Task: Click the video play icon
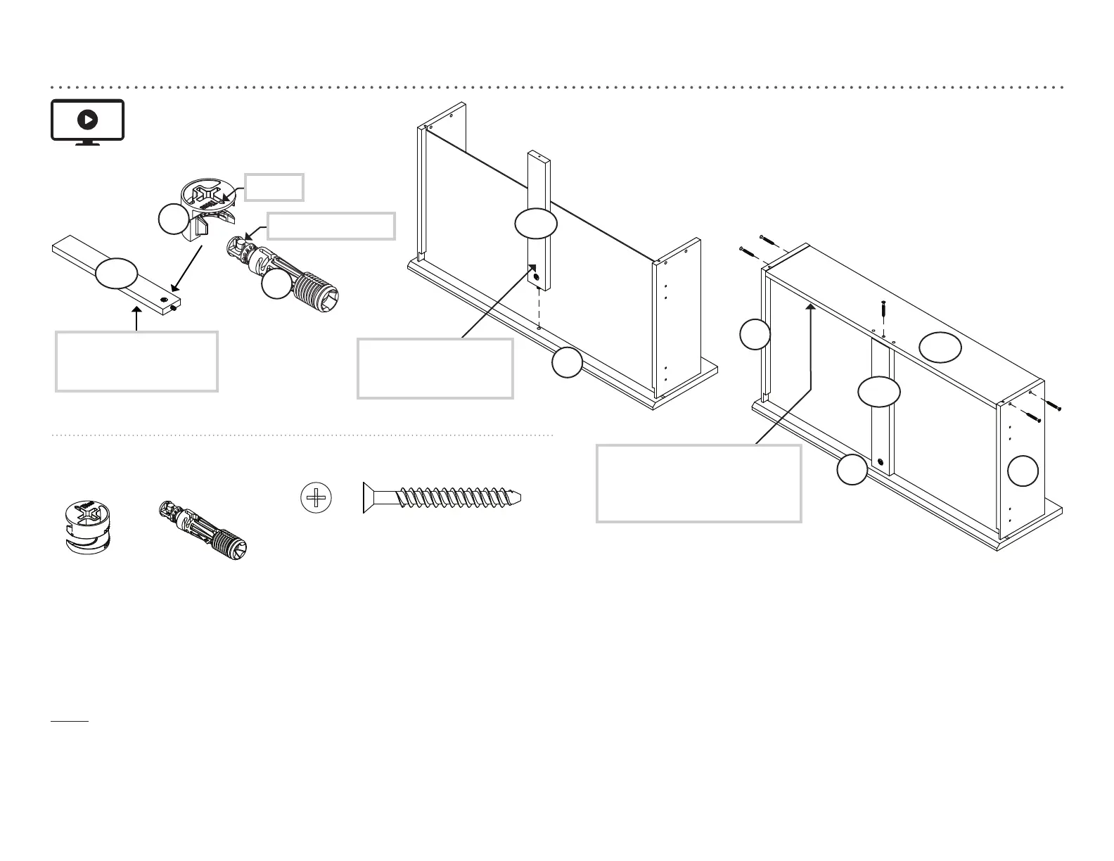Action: coord(87,120)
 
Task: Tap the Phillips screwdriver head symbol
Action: coord(316,498)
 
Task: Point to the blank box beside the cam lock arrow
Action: coord(274,187)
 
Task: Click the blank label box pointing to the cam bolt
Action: coord(331,226)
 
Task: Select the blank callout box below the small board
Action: coord(136,361)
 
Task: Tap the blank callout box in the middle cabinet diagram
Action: coord(435,369)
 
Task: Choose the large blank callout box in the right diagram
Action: coord(698,483)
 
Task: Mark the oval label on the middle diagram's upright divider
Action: coord(536,224)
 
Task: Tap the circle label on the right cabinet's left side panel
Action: coord(755,334)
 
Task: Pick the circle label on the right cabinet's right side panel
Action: coord(1023,471)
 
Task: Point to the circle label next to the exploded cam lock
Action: coord(174,219)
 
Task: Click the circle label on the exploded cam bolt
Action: coord(276,284)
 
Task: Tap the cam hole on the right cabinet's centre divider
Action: coord(881,462)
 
